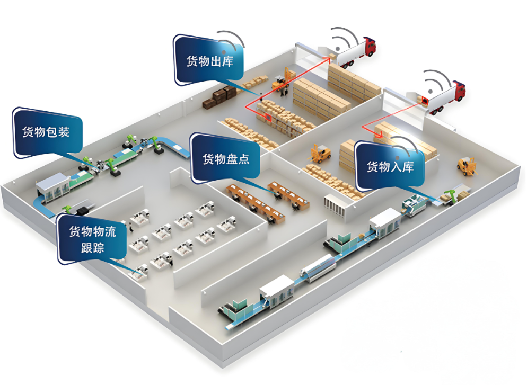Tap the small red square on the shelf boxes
click(x=268, y=118)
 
